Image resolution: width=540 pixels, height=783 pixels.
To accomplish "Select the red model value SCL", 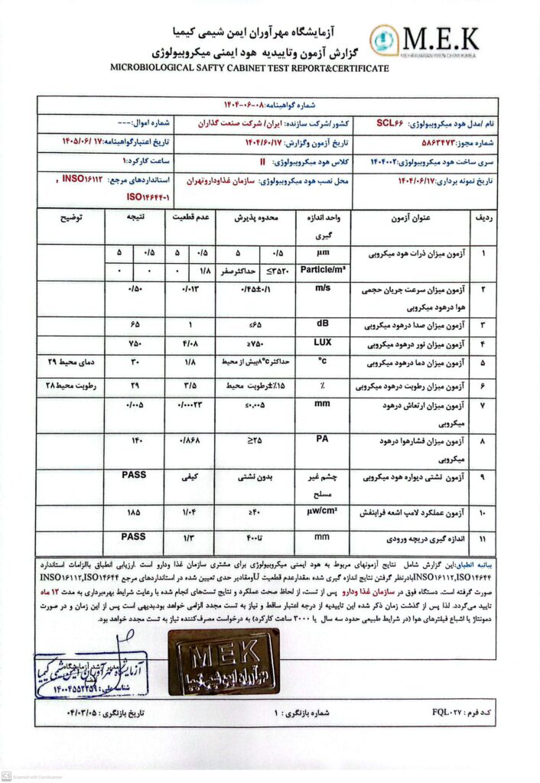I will click(391, 122).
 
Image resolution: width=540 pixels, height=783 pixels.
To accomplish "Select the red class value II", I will click(262, 162).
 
